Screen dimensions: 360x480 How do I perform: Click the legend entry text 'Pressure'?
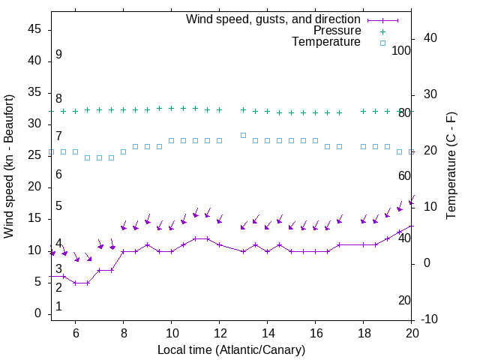pos(337,31)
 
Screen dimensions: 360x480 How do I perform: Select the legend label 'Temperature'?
pos(326,42)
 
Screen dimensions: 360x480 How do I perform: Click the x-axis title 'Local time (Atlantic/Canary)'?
pos(231,349)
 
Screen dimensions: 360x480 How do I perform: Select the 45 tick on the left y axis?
pos(34,29)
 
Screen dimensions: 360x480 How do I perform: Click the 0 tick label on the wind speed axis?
pos(37,313)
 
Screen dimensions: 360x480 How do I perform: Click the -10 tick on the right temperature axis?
pos(430,319)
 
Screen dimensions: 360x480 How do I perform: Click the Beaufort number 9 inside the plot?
pos(58,55)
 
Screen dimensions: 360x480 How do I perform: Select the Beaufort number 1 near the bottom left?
pos(58,307)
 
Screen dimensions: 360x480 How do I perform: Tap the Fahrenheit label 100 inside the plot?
pos(401,50)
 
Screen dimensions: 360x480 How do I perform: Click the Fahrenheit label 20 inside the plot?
pos(404,300)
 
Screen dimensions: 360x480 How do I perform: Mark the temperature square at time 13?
pos(244,135)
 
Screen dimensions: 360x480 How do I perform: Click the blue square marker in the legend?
pos(382,43)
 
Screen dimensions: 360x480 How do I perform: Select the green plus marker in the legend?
pos(382,31)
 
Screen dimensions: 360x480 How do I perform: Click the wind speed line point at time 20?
pos(412,225)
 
